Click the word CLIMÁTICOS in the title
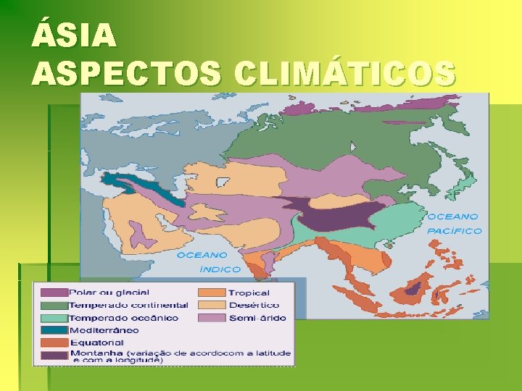(x=346, y=72)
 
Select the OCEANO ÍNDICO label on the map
(x=210, y=262)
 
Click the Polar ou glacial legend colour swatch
(x=54, y=293)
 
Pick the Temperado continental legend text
(x=128, y=305)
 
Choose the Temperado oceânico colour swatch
(x=54, y=318)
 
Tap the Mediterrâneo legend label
(x=104, y=330)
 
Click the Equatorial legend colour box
(x=54, y=342)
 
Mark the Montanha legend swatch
(x=54, y=355)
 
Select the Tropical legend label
(x=249, y=293)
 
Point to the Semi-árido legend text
(x=257, y=318)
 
